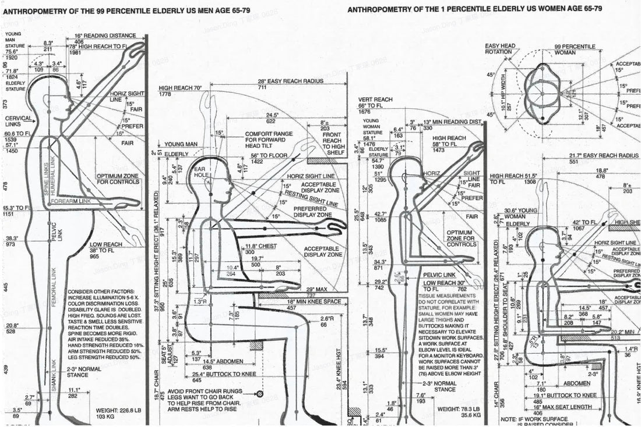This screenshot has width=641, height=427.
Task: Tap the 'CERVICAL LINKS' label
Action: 19,120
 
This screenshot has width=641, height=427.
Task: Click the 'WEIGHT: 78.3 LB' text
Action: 456,410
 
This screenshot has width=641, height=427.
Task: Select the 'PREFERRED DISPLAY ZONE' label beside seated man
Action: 313,212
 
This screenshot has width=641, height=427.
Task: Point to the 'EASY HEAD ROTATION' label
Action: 500,49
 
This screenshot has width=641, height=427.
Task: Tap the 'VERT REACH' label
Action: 375,99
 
